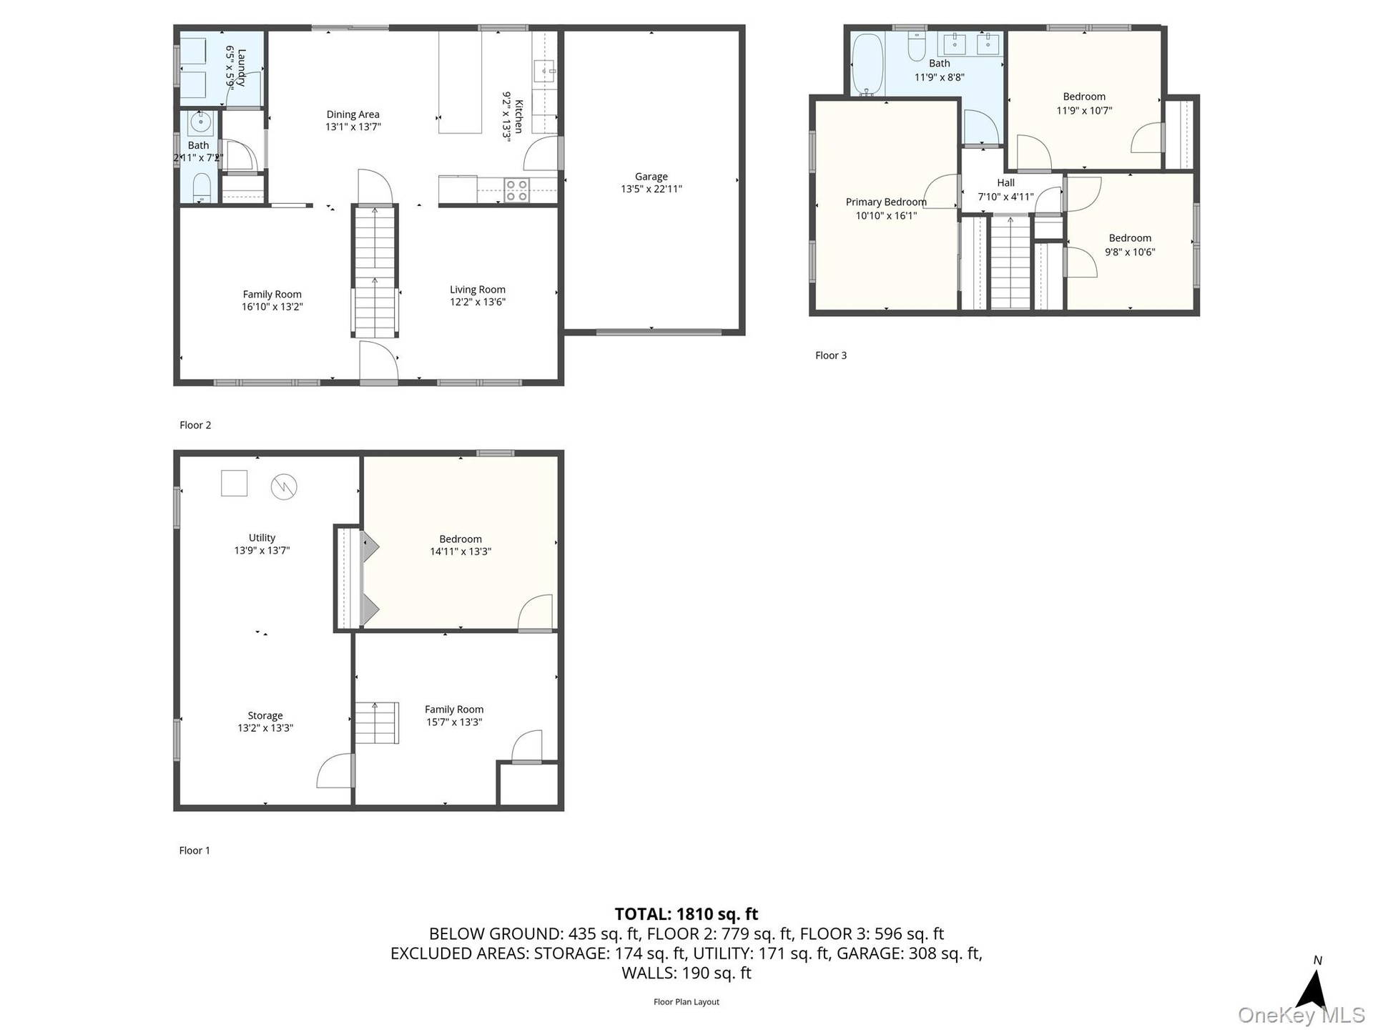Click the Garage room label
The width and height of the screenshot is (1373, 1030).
click(x=651, y=176)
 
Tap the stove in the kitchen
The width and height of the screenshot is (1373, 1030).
click(x=516, y=190)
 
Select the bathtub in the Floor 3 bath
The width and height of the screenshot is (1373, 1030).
click(x=868, y=64)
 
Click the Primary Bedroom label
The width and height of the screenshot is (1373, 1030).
click(x=886, y=202)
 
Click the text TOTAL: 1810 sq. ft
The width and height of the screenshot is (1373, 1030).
click(x=686, y=913)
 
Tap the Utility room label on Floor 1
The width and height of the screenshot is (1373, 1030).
click(x=262, y=537)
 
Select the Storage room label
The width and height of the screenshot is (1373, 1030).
click(x=265, y=715)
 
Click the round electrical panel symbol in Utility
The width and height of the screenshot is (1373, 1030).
click(x=284, y=487)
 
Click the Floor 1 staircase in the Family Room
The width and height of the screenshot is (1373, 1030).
click(x=377, y=722)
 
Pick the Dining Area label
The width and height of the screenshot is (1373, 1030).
click(x=353, y=114)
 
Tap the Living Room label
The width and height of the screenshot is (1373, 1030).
click(x=477, y=289)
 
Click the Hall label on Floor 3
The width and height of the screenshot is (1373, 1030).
click(x=1005, y=182)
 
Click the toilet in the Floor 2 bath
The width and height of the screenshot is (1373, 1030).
click(x=202, y=188)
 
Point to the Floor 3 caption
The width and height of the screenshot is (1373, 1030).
click(x=831, y=355)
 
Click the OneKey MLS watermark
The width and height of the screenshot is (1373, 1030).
click(x=1301, y=1015)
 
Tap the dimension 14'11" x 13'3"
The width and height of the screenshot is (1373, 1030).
click(x=461, y=551)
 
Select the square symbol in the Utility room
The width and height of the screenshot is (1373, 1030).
click(x=234, y=483)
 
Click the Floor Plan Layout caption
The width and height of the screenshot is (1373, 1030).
click(x=686, y=1001)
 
